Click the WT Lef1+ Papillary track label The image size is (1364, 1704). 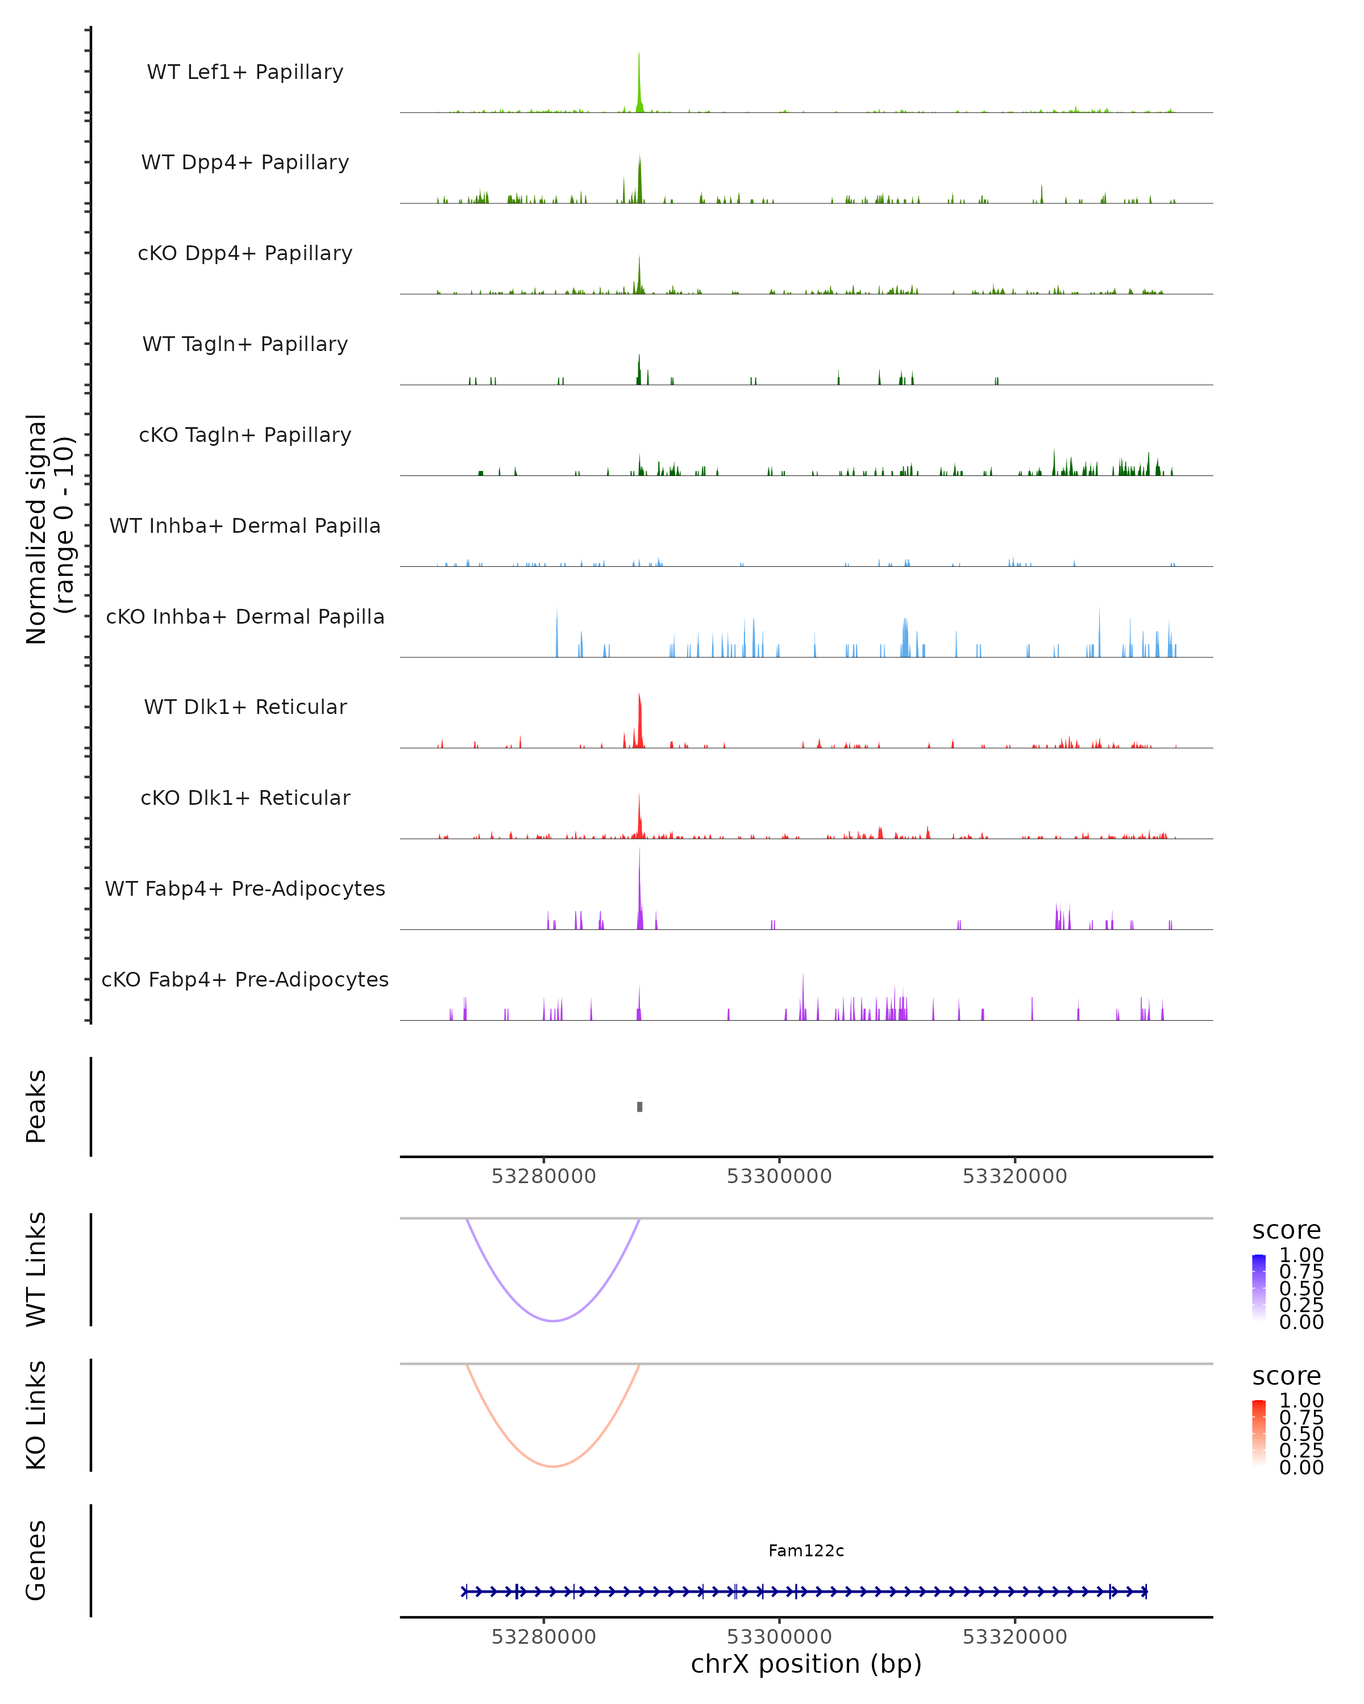click(245, 72)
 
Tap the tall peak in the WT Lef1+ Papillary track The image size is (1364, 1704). click(639, 83)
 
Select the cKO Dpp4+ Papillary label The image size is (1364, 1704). click(245, 254)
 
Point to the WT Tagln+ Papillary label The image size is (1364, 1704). click(245, 345)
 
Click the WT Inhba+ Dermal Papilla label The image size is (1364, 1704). click(245, 527)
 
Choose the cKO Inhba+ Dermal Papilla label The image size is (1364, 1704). click(245, 617)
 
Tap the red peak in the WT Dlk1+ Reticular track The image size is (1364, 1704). click(640, 721)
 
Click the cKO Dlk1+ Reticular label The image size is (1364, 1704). click(245, 798)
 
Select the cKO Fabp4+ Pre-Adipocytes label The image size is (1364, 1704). click(245, 980)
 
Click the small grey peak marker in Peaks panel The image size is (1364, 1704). click(640, 1106)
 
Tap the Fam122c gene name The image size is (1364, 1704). click(806, 1551)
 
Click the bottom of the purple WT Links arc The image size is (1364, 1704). click(554, 1321)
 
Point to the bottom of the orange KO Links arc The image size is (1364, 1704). click(554, 1466)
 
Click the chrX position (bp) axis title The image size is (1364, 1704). click(806, 1664)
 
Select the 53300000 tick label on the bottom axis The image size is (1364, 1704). click(779, 1637)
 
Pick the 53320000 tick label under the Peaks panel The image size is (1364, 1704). click(1014, 1176)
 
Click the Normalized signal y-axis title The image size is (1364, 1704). click(49, 529)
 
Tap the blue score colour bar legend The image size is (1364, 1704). click(1259, 1287)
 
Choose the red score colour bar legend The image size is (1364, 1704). click(1259, 1432)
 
